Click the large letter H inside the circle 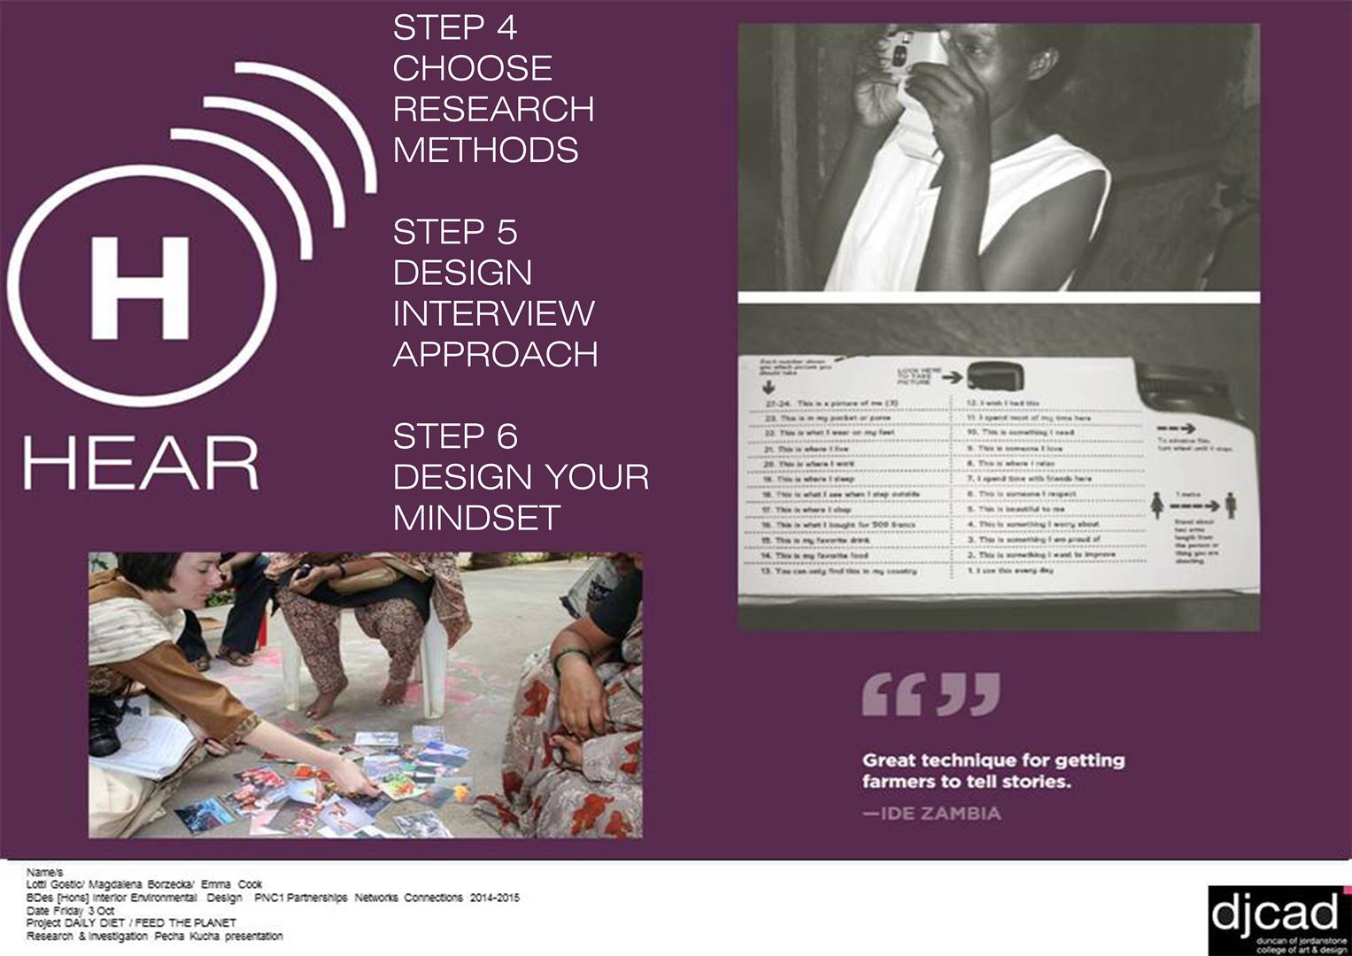(x=139, y=287)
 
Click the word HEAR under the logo (x=142, y=462)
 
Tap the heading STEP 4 (x=454, y=28)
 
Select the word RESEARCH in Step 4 (x=493, y=109)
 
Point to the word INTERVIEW (x=493, y=313)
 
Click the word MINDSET (x=476, y=518)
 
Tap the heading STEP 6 (x=454, y=436)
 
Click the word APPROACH (x=495, y=354)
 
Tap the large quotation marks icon (x=931, y=694)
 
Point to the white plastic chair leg (x=432, y=655)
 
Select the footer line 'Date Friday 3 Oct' (x=71, y=910)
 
